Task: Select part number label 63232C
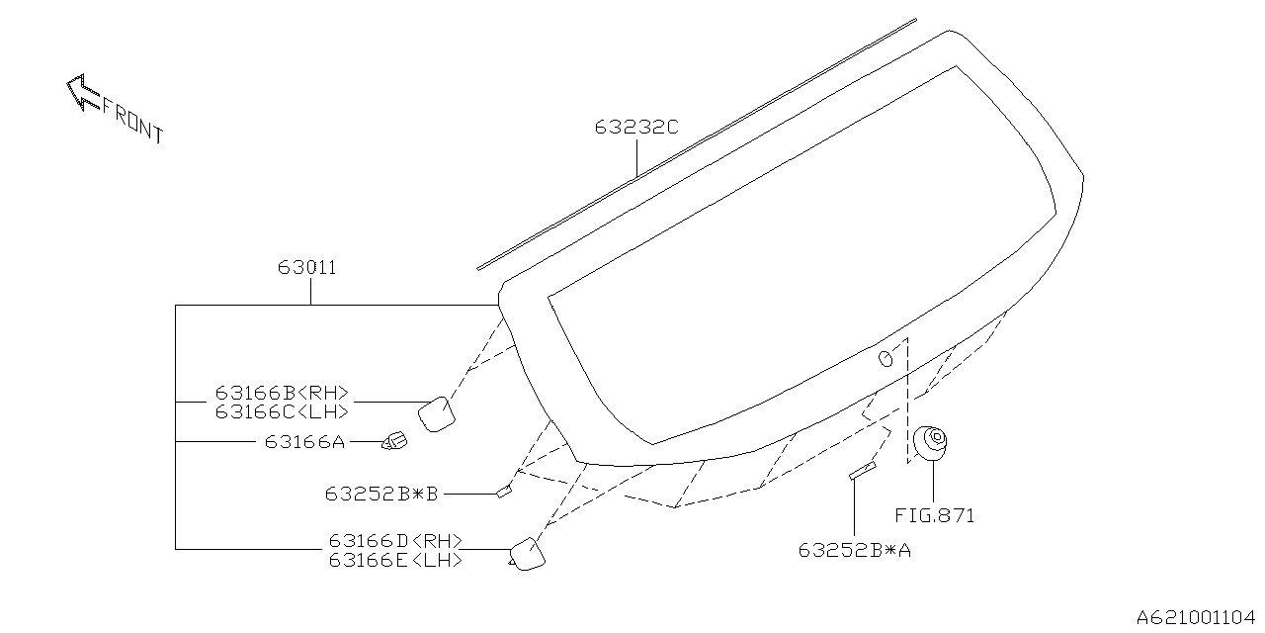pyautogui.click(x=636, y=128)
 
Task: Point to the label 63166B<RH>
pyautogui.click(x=282, y=391)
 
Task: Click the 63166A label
pyautogui.click(x=304, y=442)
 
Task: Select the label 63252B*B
pyautogui.click(x=381, y=492)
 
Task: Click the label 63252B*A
pyautogui.click(x=855, y=550)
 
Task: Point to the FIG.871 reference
pyautogui.click(x=934, y=515)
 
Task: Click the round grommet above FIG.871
pyautogui.click(x=930, y=442)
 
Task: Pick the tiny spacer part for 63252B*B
pyautogui.click(x=504, y=490)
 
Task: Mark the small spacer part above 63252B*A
pyautogui.click(x=863, y=470)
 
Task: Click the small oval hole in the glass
pyautogui.click(x=887, y=358)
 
